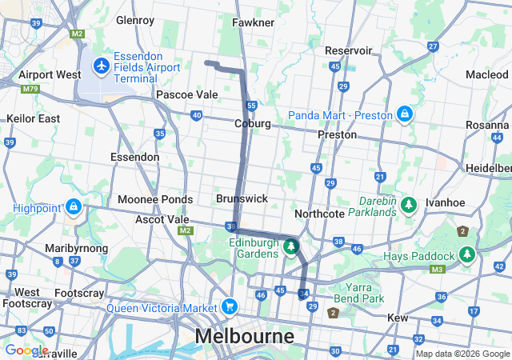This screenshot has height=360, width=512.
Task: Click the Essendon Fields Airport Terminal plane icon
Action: click(102, 64)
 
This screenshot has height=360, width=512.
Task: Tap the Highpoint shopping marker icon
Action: click(74, 208)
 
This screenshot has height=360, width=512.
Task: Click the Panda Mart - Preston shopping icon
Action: click(405, 115)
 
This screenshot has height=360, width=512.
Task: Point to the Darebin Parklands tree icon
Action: click(410, 206)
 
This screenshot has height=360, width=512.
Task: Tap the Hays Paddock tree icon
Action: click(466, 255)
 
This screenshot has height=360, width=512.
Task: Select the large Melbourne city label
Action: click(245, 336)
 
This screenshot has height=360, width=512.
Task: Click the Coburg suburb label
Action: click(253, 124)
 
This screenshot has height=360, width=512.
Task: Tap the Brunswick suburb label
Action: click(242, 198)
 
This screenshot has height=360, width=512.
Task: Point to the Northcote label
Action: click(319, 214)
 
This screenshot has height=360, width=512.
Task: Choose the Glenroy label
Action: click(134, 20)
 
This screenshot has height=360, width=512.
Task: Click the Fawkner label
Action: click(254, 22)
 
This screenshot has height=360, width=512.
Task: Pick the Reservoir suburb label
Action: click(348, 50)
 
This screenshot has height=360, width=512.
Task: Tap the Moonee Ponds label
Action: click(155, 199)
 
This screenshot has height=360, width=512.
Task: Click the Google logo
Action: click(26, 350)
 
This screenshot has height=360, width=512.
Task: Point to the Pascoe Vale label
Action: click(186, 94)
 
